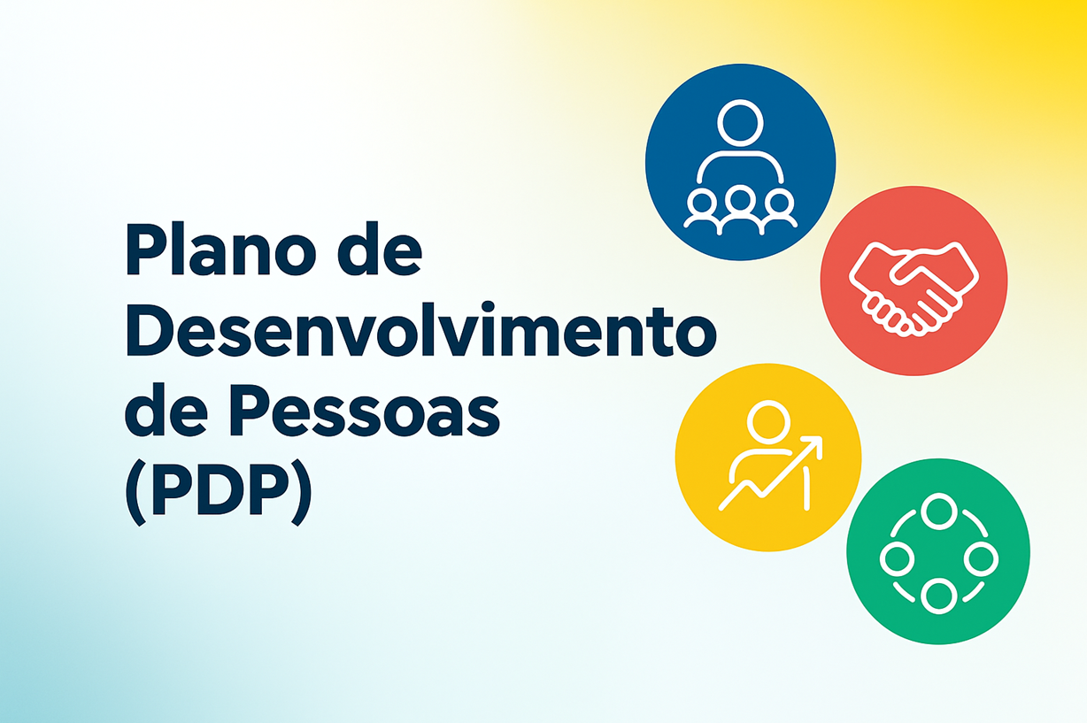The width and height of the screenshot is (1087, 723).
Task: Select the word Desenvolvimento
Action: pyautogui.click(x=421, y=329)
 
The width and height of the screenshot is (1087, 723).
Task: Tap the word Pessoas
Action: pyautogui.click(x=363, y=411)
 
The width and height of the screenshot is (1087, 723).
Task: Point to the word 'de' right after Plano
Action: pyautogui.click(x=380, y=249)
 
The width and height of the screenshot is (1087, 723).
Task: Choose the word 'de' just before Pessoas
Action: pyautogui.click(x=166, y=411)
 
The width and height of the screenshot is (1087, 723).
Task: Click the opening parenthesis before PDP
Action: pyautogui.click(x=136, y=493)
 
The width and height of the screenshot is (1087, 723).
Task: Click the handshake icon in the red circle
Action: pyautogui.click(x=914, y=289)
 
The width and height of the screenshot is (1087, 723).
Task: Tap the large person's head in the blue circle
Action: pyautogui.click(x=740, y=123)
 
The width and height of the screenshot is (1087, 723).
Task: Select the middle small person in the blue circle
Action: pyautogui.click(x=740, y=210)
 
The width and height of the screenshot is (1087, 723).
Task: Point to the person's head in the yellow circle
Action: pyautogui.click(x=768, y=422)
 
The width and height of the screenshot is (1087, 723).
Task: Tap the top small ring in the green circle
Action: pyautogui.click(x=939, y=511)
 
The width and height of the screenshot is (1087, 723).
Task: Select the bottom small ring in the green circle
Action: pyautogui.click(x=939, y=596)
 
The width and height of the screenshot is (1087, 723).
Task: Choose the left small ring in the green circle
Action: pyautogui.click(x=898, y=559)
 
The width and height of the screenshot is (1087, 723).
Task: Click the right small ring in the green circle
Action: pyautogui.click(x=981, y=559)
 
